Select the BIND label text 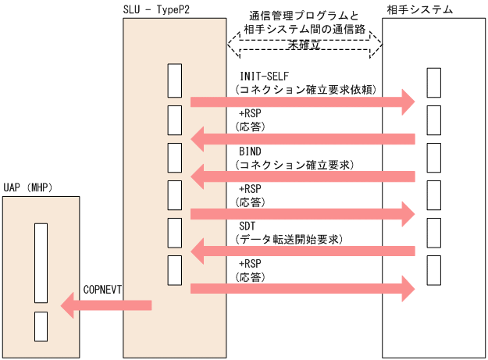251,151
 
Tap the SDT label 248,226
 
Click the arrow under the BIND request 301,176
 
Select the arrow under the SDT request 301,251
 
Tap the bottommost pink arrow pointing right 301,289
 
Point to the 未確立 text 304,46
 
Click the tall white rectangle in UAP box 41,263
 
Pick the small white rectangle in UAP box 41,324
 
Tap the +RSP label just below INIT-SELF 251,113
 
